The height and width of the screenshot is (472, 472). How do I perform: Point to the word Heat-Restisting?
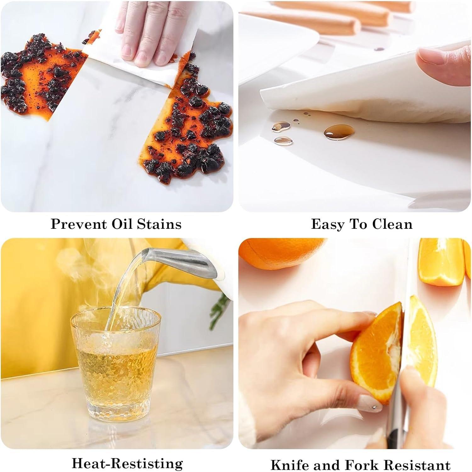tap(127, 464)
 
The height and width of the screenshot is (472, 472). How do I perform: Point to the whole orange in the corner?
tap(283, 252)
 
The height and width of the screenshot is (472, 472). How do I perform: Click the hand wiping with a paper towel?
tap(148, 35)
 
